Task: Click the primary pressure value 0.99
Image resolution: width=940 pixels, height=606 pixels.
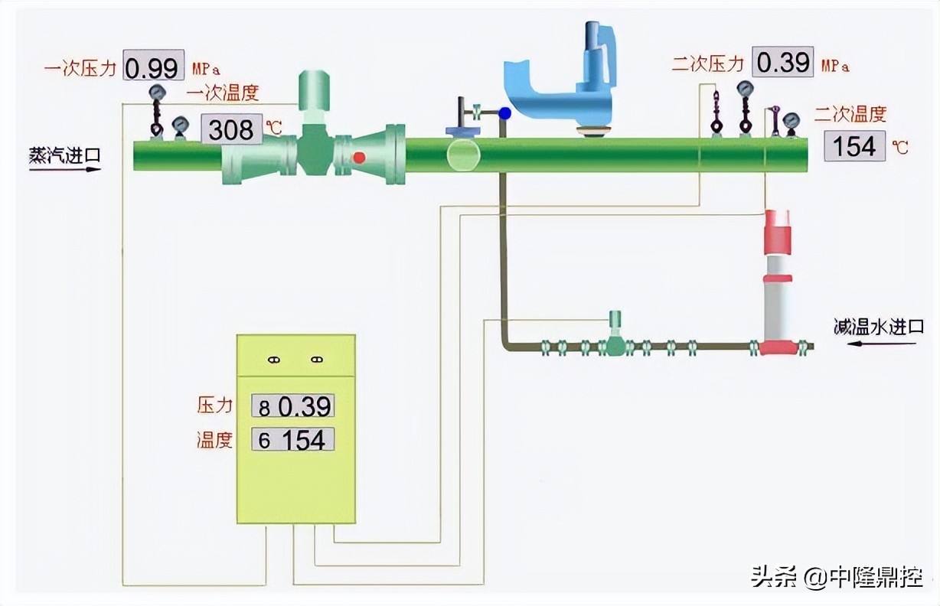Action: [152, 68]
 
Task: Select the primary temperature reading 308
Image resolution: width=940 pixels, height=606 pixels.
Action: [231, 130]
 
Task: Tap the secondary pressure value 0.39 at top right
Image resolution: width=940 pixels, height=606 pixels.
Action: [784, 62]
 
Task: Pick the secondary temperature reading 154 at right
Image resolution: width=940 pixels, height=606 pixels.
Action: [854, 145]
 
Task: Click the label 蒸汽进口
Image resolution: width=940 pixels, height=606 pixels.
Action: [64, 155]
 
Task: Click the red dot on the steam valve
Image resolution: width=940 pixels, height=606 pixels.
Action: [358, 158]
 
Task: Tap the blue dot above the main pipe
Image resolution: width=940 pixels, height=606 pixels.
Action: [504, 114]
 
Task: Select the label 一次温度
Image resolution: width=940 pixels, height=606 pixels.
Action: [224, 93]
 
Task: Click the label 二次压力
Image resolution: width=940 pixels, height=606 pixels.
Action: [708, 64]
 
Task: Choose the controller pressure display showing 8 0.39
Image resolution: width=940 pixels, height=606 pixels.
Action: [293, 406]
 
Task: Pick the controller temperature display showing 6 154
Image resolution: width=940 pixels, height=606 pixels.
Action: [293, 440]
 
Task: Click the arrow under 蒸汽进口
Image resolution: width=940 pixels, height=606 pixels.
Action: [65, 169]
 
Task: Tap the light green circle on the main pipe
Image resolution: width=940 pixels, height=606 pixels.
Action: [463, 155]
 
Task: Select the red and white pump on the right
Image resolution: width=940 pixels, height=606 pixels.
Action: [778, 283]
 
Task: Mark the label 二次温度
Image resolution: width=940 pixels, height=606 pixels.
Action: [850, 115]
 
